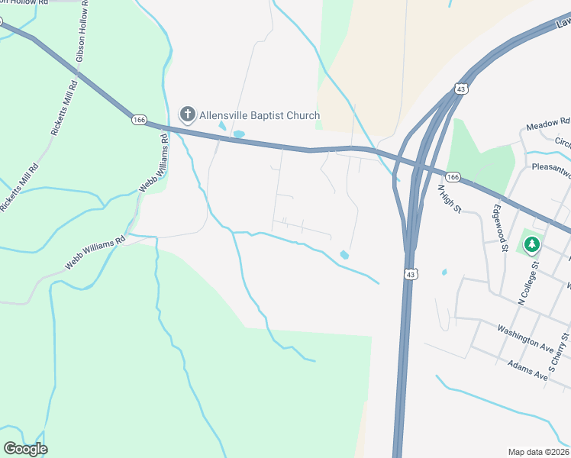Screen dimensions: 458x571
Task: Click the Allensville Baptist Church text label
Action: click(x=260, y=115)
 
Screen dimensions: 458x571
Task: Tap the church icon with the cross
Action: click(x=187, y=115)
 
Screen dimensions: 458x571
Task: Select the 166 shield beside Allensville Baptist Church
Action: click(x=138, y=120)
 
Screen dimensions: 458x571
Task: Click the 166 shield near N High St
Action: click(x=453, y=177)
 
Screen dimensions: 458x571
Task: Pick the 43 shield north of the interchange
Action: click(x=460, y=89)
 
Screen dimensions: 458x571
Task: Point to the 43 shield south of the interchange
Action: click(x=410, y=273)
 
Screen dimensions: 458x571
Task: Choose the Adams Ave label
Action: click(x=527, y=370)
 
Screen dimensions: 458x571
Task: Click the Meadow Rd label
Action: click(x=548, y=123)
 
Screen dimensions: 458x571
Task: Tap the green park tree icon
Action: click(x=531, y=244)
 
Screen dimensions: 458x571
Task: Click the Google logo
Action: click(x=25, y=449)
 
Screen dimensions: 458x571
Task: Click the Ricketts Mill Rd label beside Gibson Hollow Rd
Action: click(x=64, y=108)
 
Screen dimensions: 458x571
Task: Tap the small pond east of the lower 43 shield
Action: click(x=444, y=272)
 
